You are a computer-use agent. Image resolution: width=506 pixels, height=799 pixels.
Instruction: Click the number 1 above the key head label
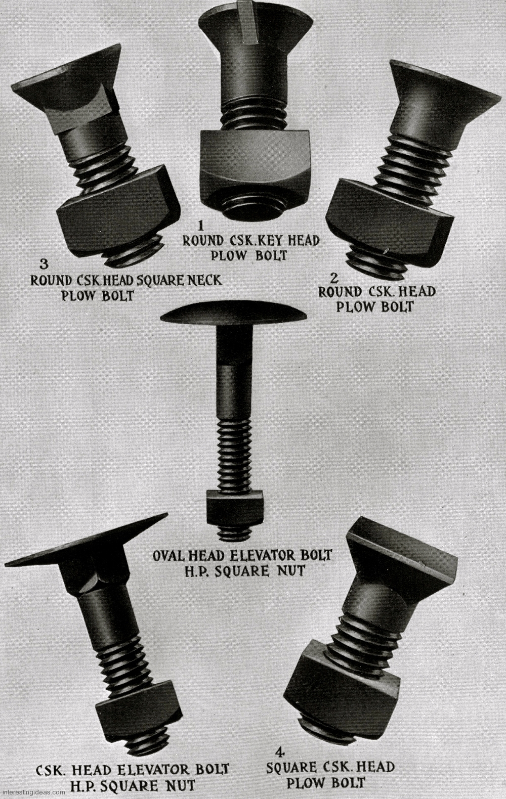tap(201, 225)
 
